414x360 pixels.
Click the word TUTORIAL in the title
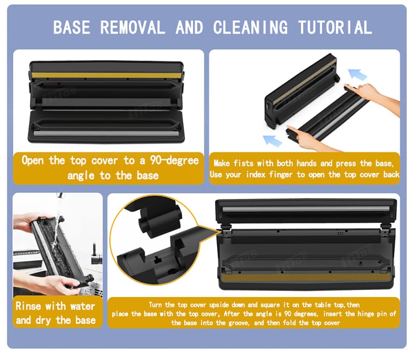(x=335, y=27)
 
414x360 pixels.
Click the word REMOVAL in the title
(x=132, y=27)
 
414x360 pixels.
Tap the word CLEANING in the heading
(x=250, y=27)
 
